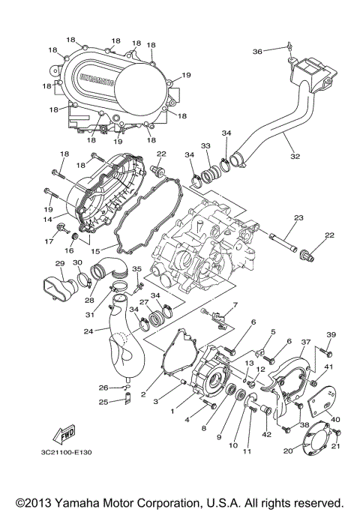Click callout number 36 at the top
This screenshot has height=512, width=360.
coord(257,52)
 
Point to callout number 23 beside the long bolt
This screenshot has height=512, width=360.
coord(298,218)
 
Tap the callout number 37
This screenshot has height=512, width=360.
coord(305,342)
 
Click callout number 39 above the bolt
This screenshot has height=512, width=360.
coord(331,334)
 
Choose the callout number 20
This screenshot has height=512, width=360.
coord(288,451)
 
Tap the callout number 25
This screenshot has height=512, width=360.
coord(104,402)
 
